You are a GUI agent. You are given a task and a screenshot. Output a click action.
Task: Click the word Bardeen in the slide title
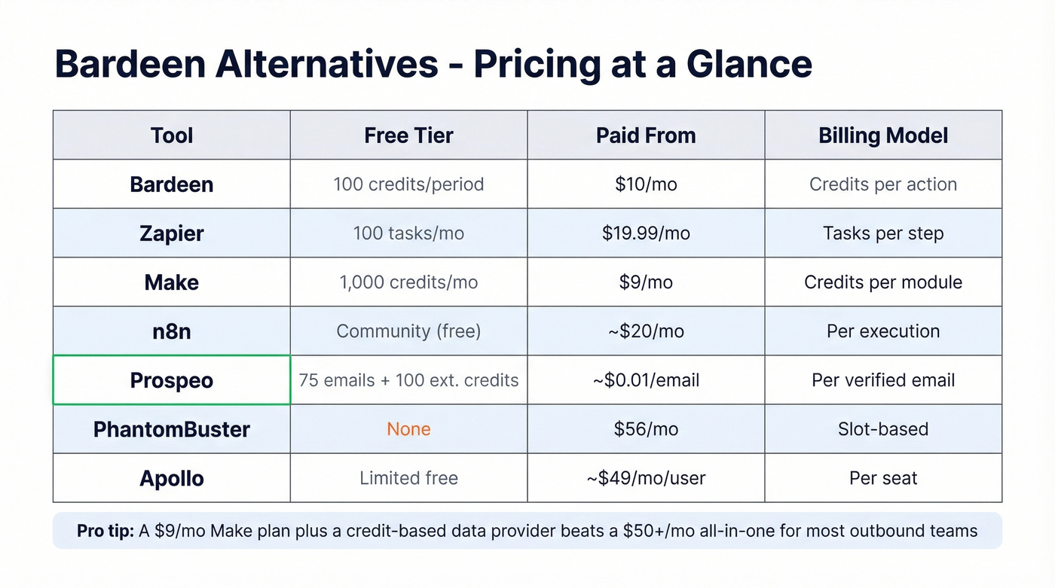(x=129, y=64)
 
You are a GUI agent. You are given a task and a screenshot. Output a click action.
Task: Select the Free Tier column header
(x=408, y=136)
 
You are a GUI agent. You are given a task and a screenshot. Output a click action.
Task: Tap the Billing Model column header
(x=883, y=136)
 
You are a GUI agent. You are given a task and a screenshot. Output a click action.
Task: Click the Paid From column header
(x=646, y=136)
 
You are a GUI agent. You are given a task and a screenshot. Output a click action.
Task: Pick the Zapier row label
(x=172, y=233)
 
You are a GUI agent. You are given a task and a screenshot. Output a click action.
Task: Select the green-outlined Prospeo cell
(x=172, y=380)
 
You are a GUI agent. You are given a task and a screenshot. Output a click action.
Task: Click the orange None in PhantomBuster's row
(x=408, y=429)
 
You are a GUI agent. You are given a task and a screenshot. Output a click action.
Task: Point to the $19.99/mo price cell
(x=646, y=233)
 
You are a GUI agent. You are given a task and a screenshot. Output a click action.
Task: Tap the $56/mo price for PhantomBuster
(x=646, y=429)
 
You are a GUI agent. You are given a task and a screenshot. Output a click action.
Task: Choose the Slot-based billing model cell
(x=883, y=429)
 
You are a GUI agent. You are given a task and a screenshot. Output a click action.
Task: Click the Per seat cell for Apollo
(x=883, y=478)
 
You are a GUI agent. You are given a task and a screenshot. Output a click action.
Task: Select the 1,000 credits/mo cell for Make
(x=408, y=282)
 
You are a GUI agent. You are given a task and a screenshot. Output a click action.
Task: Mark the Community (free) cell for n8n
(x=408, y=331)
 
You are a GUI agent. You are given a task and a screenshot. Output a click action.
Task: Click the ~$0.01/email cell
(x=646, y=380)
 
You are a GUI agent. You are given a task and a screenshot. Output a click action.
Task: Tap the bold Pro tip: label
(x=105, y=531)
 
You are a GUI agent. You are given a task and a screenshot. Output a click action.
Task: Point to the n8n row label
(x=172, y=331)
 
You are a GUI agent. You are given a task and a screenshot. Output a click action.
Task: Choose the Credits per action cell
(x=883, y=184)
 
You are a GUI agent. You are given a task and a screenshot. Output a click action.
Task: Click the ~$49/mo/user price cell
(x=646, y=478)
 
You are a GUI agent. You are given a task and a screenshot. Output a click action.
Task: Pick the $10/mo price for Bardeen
(x=646, y=184)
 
